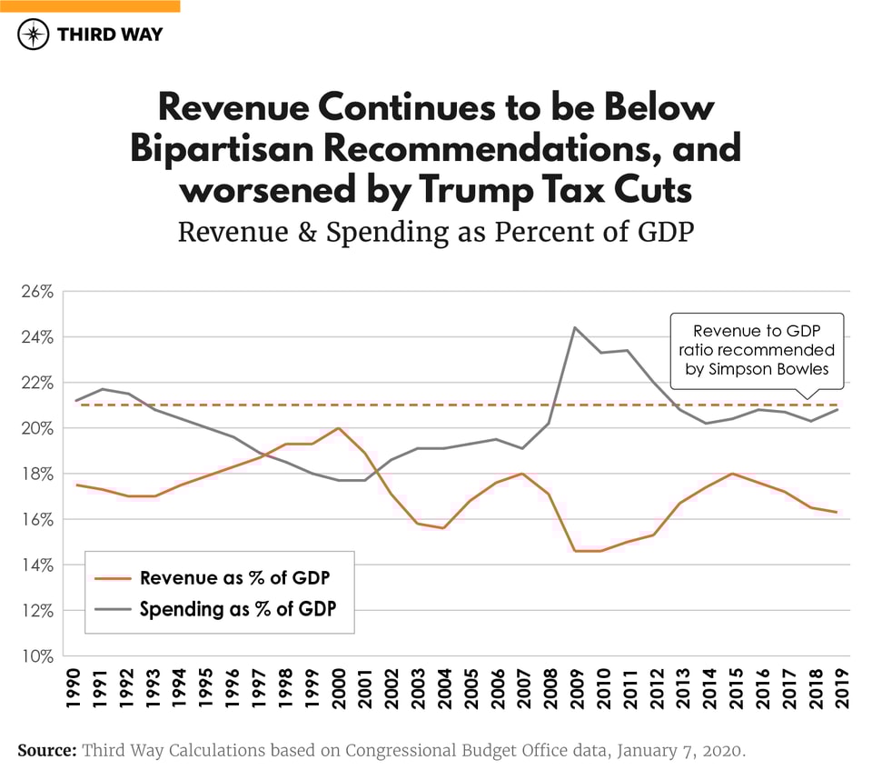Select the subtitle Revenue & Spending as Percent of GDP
tap(435, 231)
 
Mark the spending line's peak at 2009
tap(574, 327)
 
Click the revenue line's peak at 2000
tap(338, 428)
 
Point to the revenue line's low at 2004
tap(443, 528)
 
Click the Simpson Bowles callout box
tap(757, 351)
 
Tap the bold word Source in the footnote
tap(46, 751)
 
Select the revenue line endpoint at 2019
tap(837, 512)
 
